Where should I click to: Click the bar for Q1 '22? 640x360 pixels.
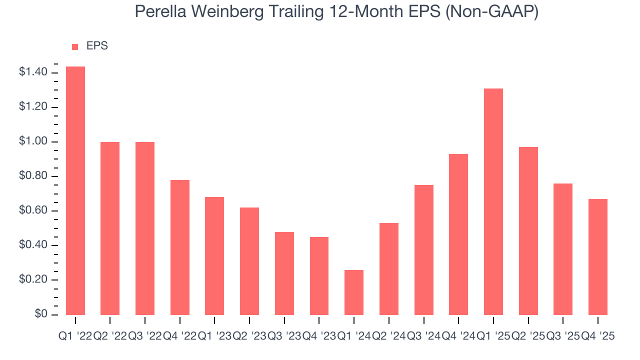[75, 190]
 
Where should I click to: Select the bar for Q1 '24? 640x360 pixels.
[354, 292]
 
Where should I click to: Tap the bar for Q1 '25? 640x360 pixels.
[493, 201]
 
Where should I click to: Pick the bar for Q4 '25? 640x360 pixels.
[598, 256]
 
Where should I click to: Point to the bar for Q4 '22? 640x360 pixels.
[180, 247]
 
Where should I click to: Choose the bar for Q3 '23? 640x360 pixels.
[284, 273]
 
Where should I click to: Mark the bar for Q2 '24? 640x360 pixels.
[389, 268]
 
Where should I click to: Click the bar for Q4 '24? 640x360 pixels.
[458, 234]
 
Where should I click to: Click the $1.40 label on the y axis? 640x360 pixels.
[33, 73]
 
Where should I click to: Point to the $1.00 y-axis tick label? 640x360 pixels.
[33, 142]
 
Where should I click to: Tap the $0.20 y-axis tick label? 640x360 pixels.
[33, 280]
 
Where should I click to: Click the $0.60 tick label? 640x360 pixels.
[33, 211]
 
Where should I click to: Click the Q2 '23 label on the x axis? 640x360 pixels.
[249, 336]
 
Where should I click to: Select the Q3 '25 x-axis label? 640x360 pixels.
[563, 336]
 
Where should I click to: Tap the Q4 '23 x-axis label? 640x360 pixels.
[319, 336]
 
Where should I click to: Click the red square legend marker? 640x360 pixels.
[75, 47]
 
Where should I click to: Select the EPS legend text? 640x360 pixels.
[97, 46]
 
